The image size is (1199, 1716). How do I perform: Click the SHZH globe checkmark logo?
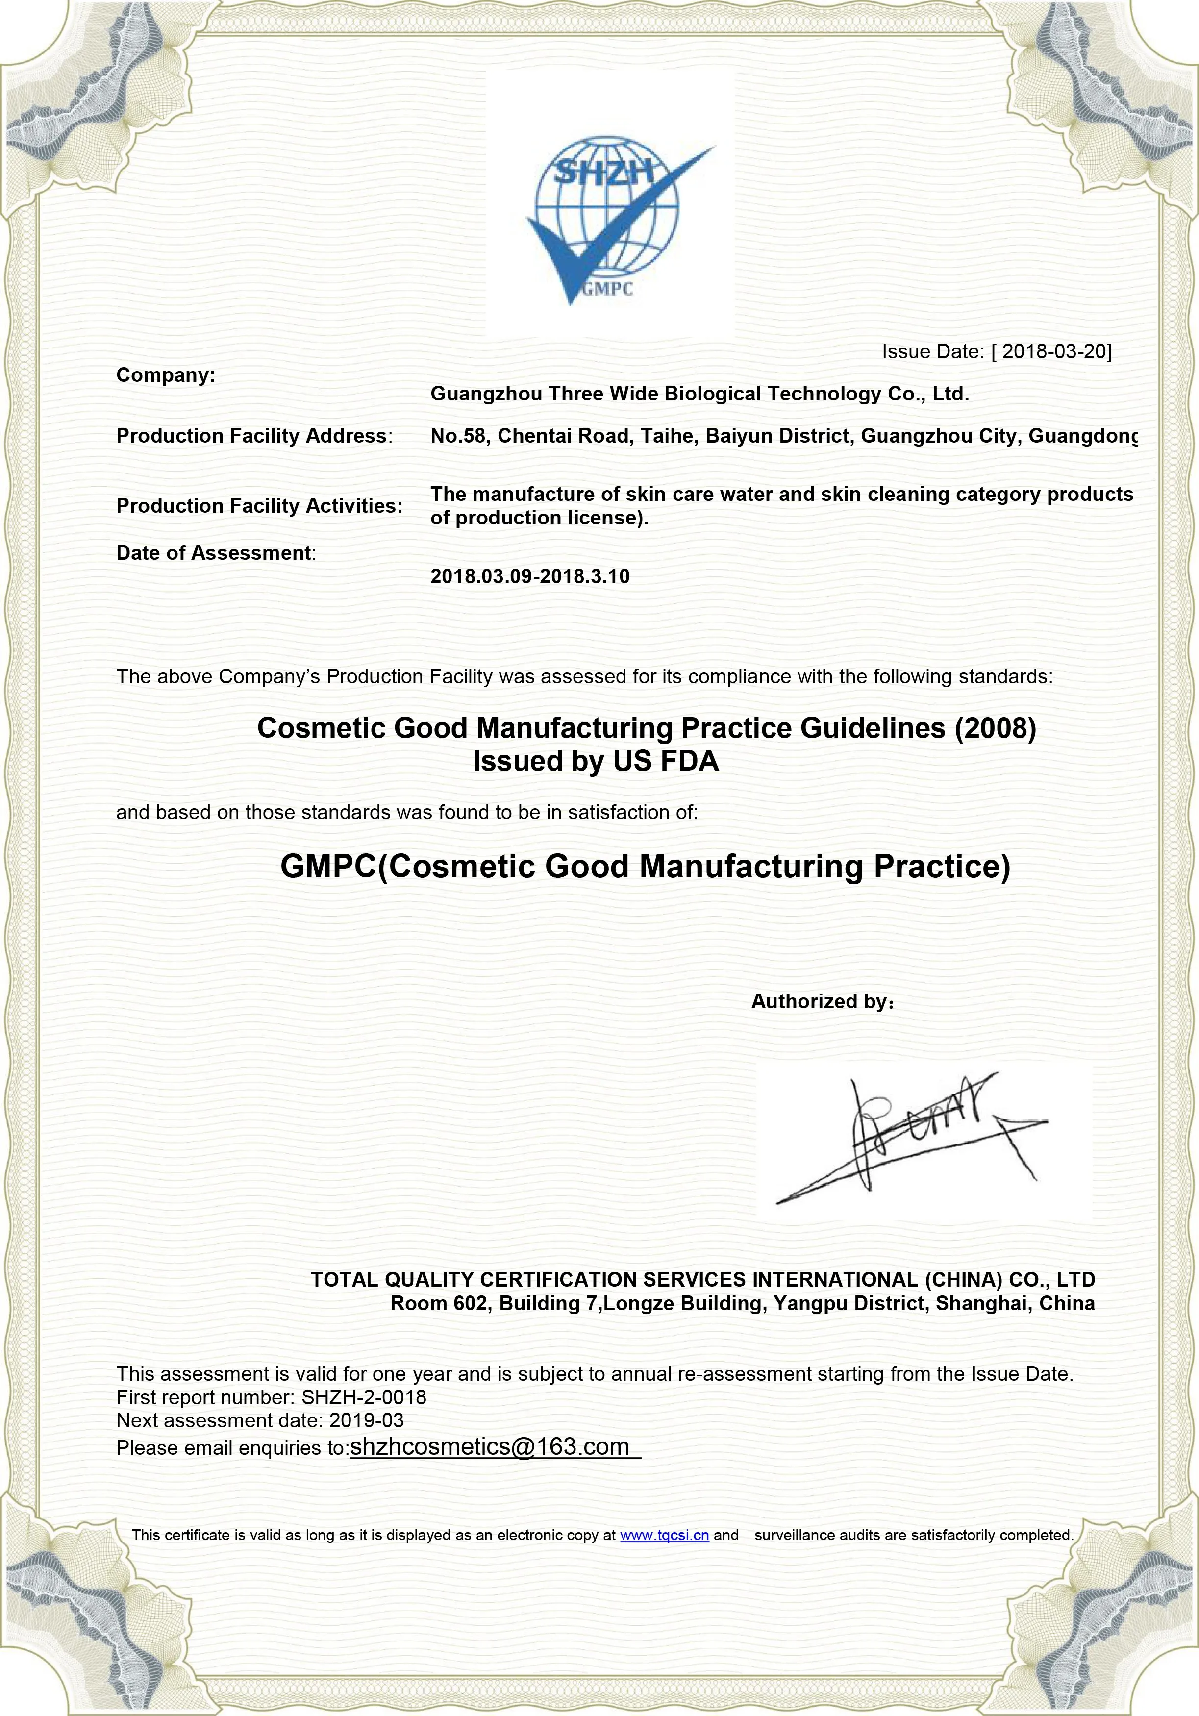[x=609, y=221]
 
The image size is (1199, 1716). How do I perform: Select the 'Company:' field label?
[x=165, y=375]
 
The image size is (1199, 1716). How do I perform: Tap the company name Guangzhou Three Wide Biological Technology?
[x=699, y=394]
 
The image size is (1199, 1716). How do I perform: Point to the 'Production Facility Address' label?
[x=252, y=436]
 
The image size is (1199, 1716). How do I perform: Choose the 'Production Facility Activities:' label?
[x=259, y=506]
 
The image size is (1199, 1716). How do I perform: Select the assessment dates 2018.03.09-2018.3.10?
[x=530, y=576]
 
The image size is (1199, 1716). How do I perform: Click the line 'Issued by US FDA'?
[x=596, y=762]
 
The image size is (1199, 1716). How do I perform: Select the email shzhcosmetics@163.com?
[x=490, y=1447]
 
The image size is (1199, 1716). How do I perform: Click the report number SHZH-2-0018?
[x=364, y=1397]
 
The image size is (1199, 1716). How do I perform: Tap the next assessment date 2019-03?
[x=366, y=1420]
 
